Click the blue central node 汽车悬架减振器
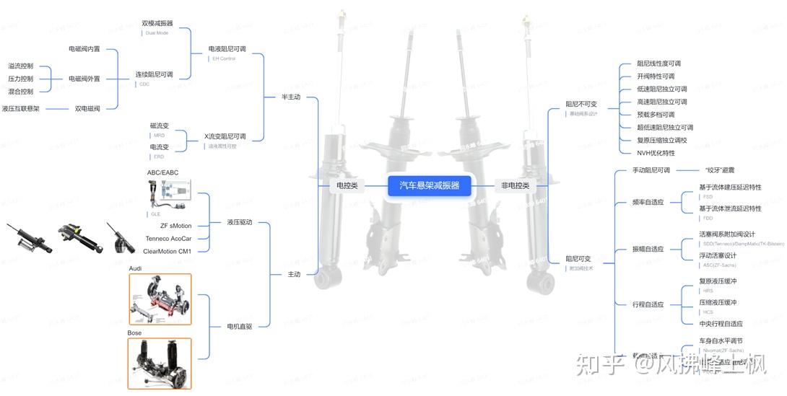[x=429, y=185]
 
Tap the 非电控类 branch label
[x=515, y=185]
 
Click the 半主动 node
[x=291, y=97]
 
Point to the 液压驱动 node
[x=239, y=222]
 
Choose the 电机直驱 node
[x=239, y=327]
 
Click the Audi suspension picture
[x=160, y=299]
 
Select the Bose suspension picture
[x=160, y=364]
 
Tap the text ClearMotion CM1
[x=167, y=251]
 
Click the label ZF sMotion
[x=175, y=226]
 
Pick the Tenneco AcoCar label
[x=168, y=239]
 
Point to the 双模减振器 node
[x=157, y=23]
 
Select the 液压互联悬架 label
[x=21, y=109]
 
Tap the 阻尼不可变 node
[x=581, y=104]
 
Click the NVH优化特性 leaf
[x=656, y=153]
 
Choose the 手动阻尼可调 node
[x=651, y=170]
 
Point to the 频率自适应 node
[x=648, y=203]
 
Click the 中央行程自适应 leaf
[x=721, y=324]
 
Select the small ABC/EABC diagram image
[x=170, y=193]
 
